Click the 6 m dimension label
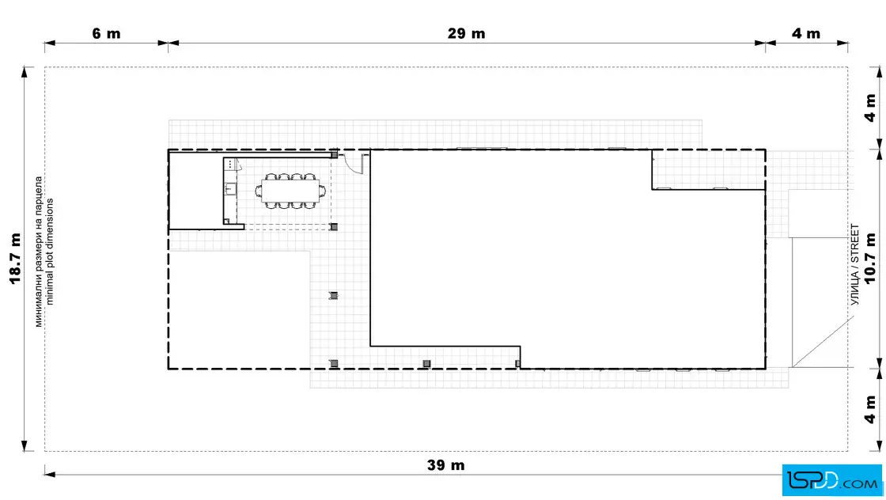106,33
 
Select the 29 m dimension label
466,33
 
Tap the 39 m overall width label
446,465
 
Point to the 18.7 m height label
15,258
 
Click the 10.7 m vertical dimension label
870,258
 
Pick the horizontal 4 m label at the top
806,33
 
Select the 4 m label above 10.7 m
870,108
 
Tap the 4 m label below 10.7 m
870,410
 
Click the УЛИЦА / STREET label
854,265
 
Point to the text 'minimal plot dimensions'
50,252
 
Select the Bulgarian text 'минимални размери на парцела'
39,252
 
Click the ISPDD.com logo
831,480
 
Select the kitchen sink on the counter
230,188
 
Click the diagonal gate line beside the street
823,341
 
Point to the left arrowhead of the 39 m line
50,474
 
